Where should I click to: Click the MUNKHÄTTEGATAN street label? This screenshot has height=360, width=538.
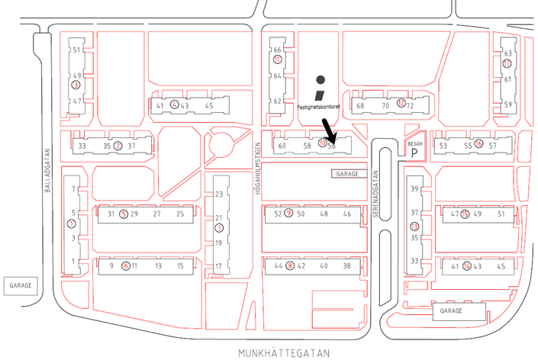tap(283, 353)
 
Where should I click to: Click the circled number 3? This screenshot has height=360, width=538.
tap(76, 85)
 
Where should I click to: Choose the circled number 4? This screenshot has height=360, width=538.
tap(174, 105)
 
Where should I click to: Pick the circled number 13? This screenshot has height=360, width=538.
tap(414, 227)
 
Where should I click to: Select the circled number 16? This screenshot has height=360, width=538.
tap(478, 144)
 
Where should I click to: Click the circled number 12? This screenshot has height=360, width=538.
tap(401, 104)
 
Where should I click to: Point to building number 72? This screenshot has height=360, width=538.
tap(410, 105)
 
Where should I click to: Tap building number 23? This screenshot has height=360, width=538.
tap(218, 194)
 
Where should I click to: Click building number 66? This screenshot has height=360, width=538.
tap(278, 50)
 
